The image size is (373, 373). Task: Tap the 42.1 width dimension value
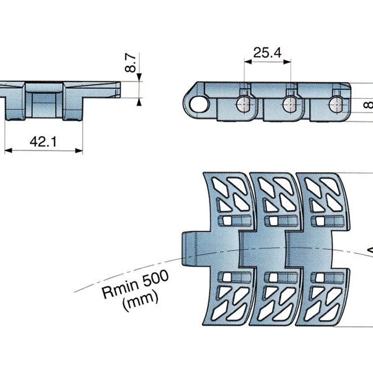coord(43,142)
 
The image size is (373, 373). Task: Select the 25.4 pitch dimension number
coord(267,53)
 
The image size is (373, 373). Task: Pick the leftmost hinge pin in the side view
coord(244,103)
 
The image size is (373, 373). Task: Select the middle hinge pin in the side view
coord(289,103)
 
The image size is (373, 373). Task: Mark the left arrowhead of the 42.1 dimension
coord(7,150)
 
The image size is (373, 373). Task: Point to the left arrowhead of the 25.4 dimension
coord(247,61)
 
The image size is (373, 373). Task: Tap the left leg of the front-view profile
coord(14,109)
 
